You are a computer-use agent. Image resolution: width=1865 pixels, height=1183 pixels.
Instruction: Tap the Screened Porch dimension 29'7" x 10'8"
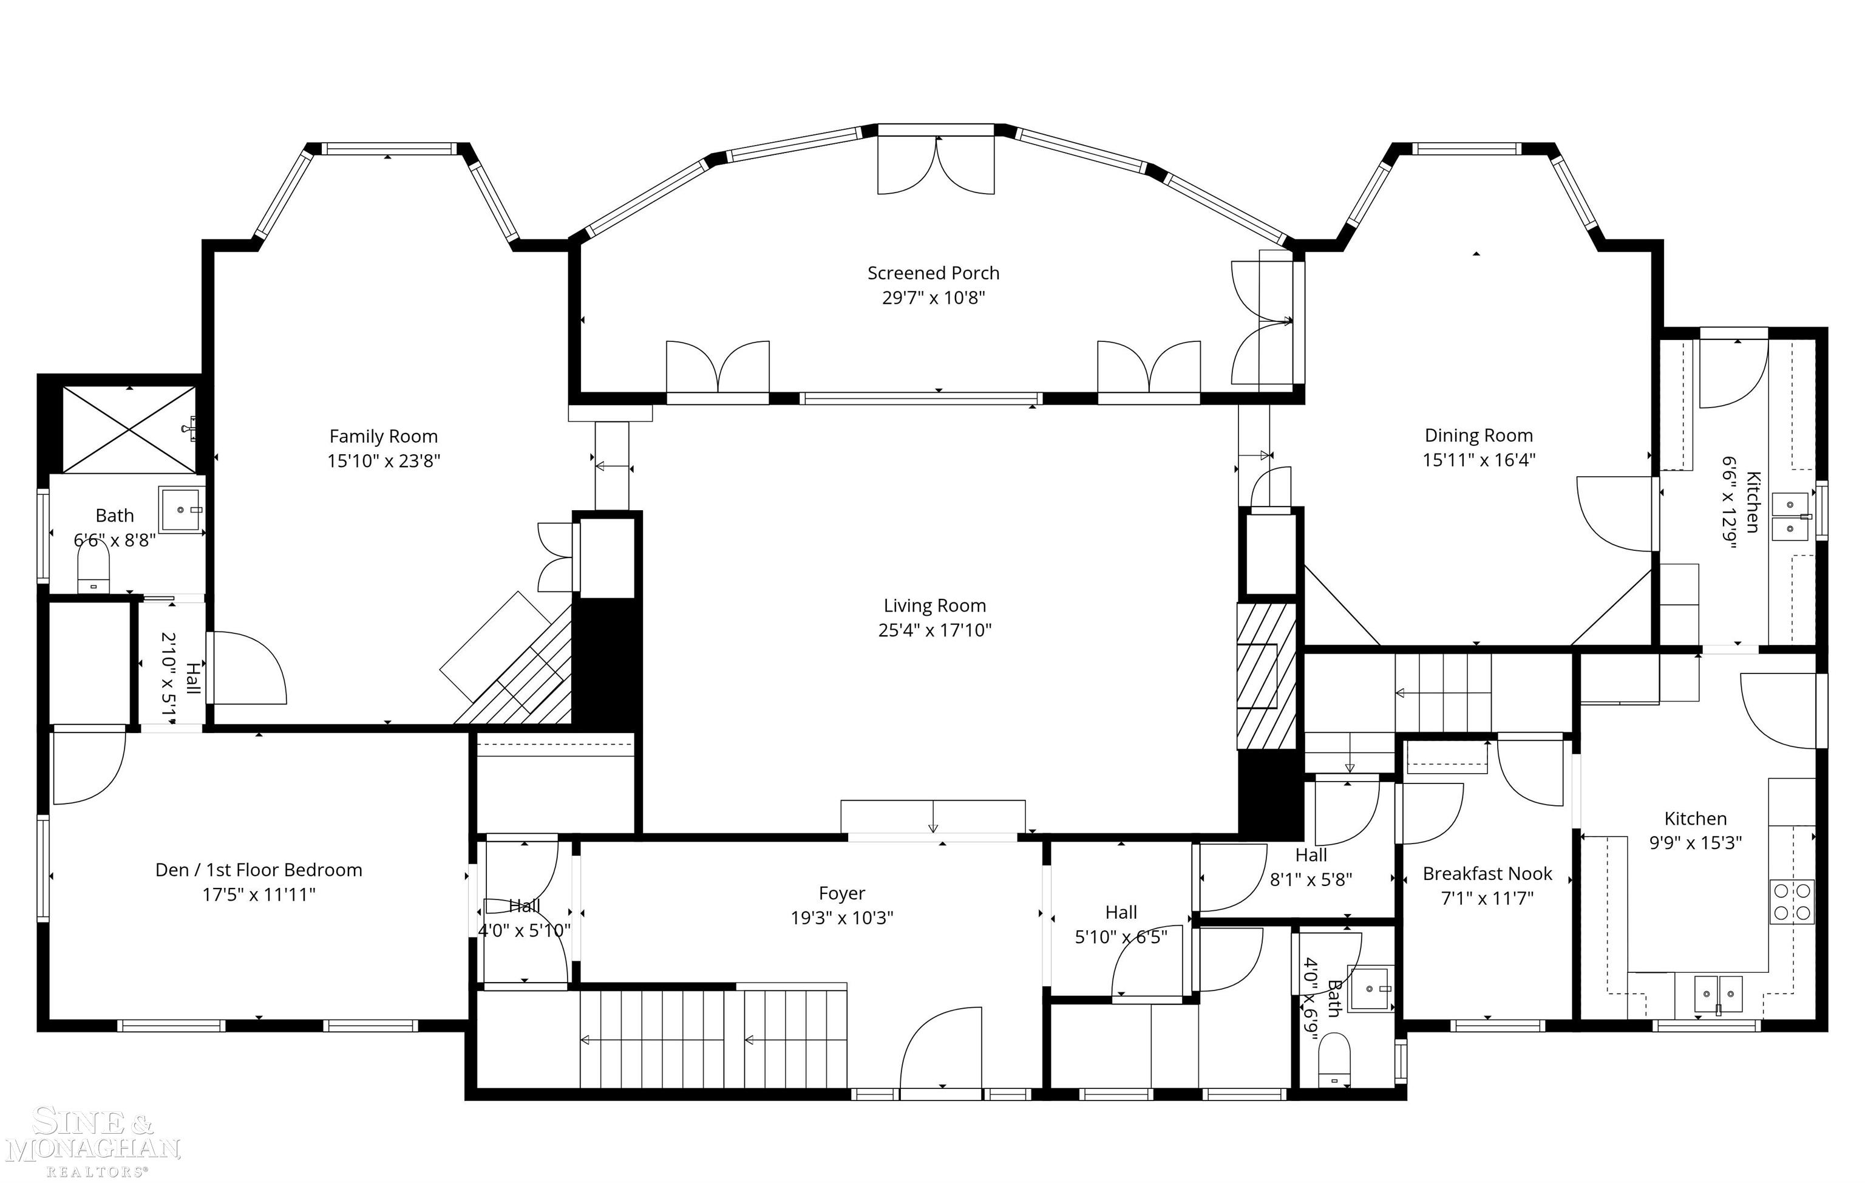(933, 298)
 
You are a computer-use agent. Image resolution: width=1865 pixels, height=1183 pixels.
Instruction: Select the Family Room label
(383, 436)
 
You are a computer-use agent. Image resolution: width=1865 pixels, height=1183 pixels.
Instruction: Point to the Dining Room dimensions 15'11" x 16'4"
(1478, 459)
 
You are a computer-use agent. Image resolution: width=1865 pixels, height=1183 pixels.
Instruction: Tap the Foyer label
(842, 893)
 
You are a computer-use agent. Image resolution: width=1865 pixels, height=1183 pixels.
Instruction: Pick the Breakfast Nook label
(1487, 873)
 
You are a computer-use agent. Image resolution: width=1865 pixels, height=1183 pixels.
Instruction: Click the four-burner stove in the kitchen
(1792, 901)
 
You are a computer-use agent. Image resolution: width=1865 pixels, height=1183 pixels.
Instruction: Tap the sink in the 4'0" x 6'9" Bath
(1370, 989)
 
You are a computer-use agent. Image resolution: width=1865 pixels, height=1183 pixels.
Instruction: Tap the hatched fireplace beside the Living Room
(1266, 675)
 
